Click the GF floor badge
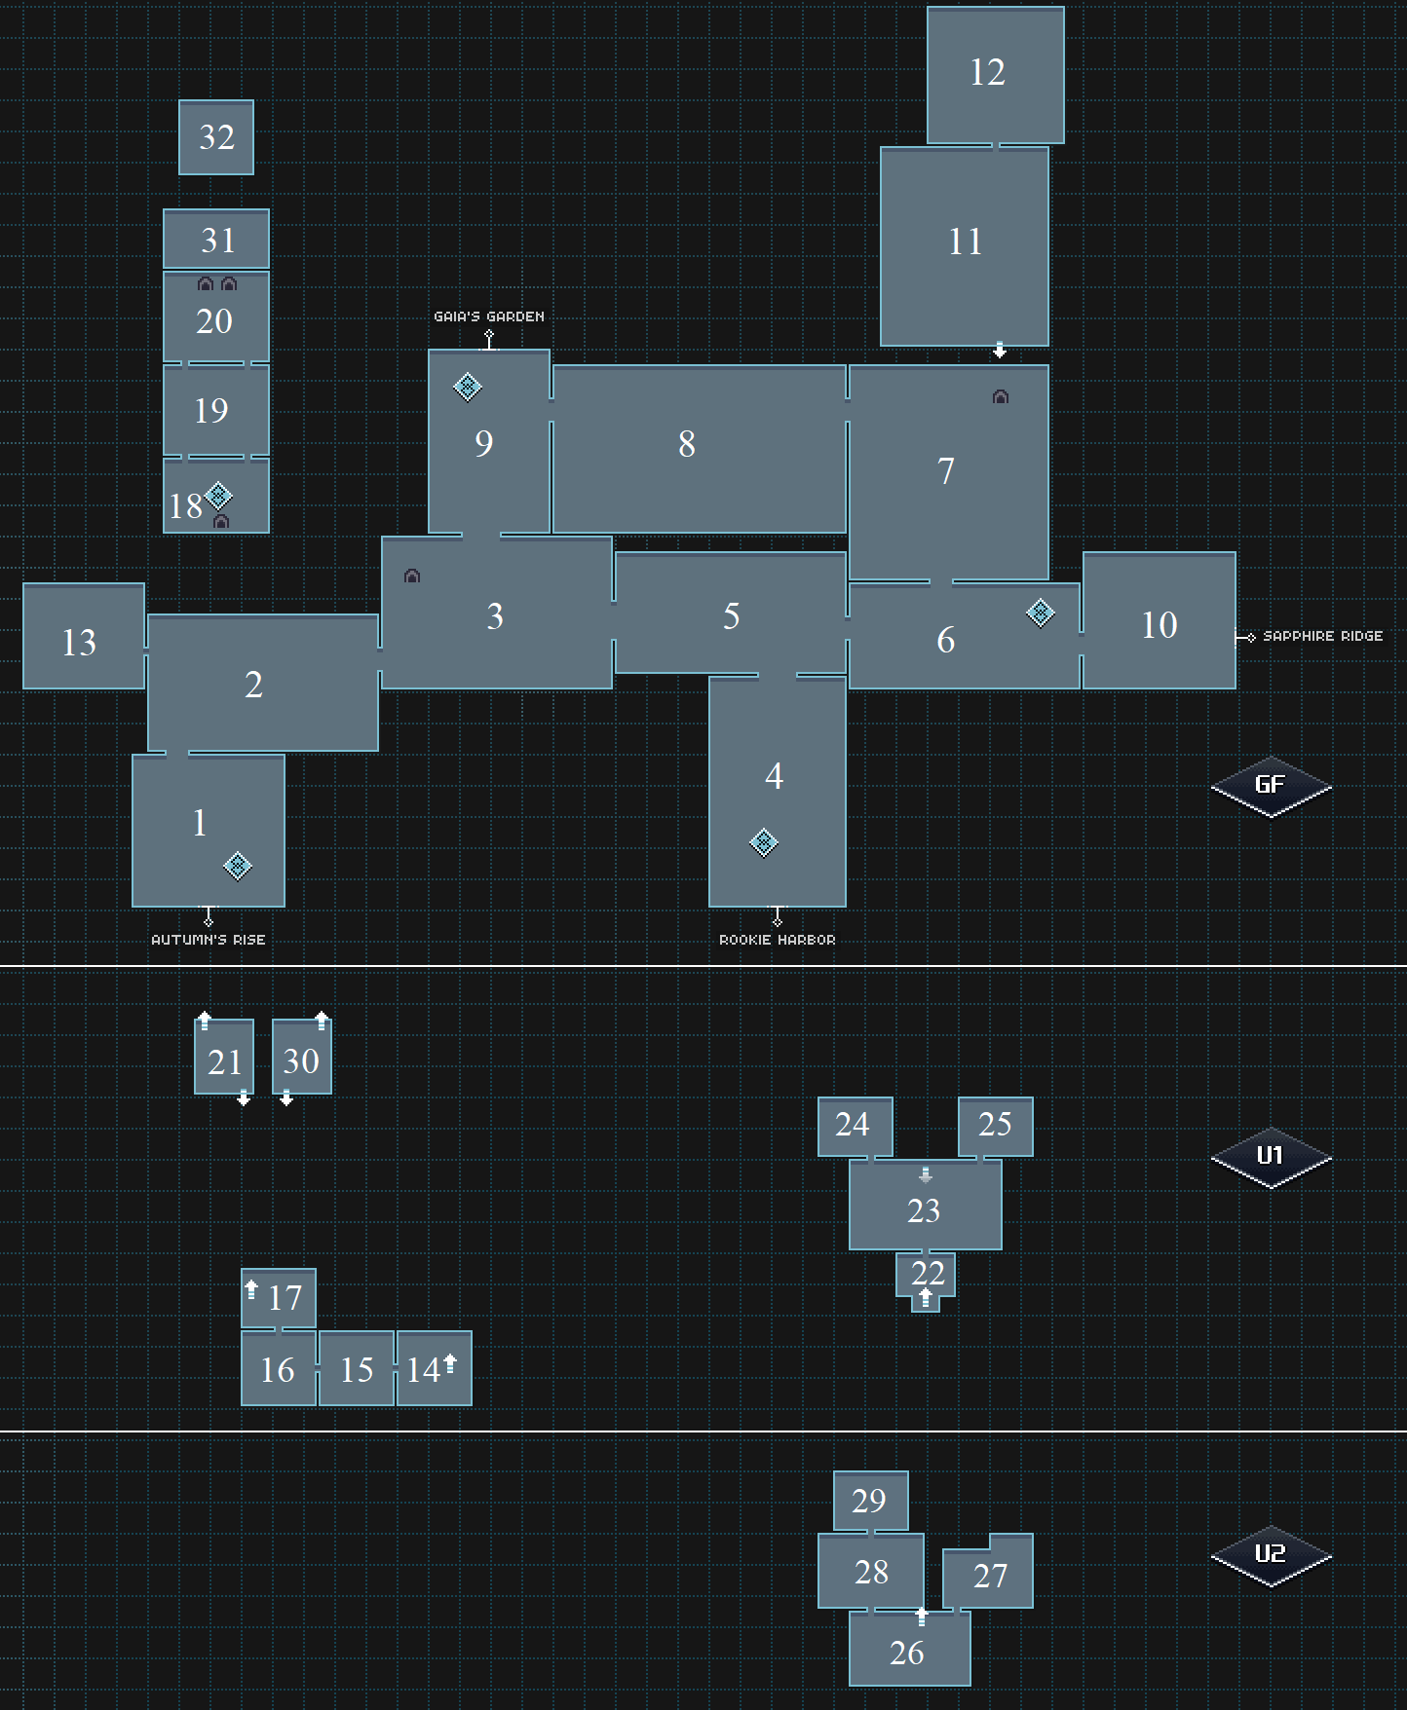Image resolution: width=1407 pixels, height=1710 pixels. click(1271, 786)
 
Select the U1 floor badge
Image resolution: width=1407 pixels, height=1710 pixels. click(1271, 1157)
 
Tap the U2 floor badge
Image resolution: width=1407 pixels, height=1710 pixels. click(1271, 1554)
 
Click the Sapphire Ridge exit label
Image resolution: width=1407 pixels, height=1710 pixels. click(1322, 636)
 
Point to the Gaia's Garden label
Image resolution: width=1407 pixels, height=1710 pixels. click(489, 316)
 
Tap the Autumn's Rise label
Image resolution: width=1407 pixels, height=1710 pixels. click(209, 940)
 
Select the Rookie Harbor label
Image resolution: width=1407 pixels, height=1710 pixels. click(778, 940)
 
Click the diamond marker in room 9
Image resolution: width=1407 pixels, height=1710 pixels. click(468, 387)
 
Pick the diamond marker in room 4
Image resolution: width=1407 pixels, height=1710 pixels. click(764, 842)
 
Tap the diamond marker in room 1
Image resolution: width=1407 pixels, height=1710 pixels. click(238, 866)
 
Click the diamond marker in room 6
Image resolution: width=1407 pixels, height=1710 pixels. click(1041, 613)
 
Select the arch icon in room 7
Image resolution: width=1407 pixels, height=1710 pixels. click(1001, 397)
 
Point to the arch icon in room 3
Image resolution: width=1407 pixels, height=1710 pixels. click(412, 576)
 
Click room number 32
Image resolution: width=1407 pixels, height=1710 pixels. click(216, 137)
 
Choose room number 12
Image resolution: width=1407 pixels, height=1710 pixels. click(987, 72)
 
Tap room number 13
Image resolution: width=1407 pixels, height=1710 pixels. click(79, 643)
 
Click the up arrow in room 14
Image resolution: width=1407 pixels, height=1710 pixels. click(450, 1362)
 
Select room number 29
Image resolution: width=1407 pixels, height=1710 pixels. click(869, 1501)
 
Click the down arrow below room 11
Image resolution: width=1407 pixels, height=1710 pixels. click(1000, 351)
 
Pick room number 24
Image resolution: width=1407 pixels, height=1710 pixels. click(852, 1125)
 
